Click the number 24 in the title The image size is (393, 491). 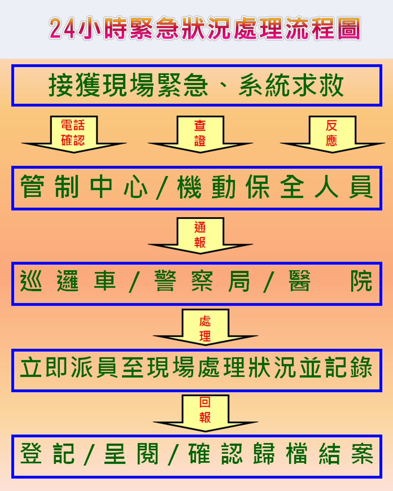coord(62,28)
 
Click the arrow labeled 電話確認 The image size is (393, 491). coord(74,134)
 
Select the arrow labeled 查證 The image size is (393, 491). coord(200,134)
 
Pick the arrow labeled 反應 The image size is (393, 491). coord(332,134)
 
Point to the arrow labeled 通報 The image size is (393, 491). coord(200,235)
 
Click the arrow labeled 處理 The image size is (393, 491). coord(205,327)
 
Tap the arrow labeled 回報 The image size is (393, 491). coord(205,413)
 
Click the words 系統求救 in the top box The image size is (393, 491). coord(291,85)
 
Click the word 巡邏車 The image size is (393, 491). coord(68,281)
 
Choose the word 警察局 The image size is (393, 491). coord(202,281)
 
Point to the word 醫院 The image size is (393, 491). coord(331,281)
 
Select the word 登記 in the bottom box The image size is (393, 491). coord(47,453)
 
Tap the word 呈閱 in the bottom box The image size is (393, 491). coord(131,453)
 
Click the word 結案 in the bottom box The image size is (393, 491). coord(346,453)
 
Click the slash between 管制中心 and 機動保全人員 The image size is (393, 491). coord(162,187)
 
